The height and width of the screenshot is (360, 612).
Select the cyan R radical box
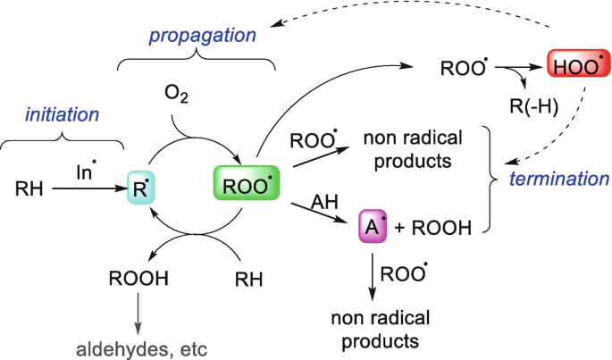[x=140, y=188]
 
